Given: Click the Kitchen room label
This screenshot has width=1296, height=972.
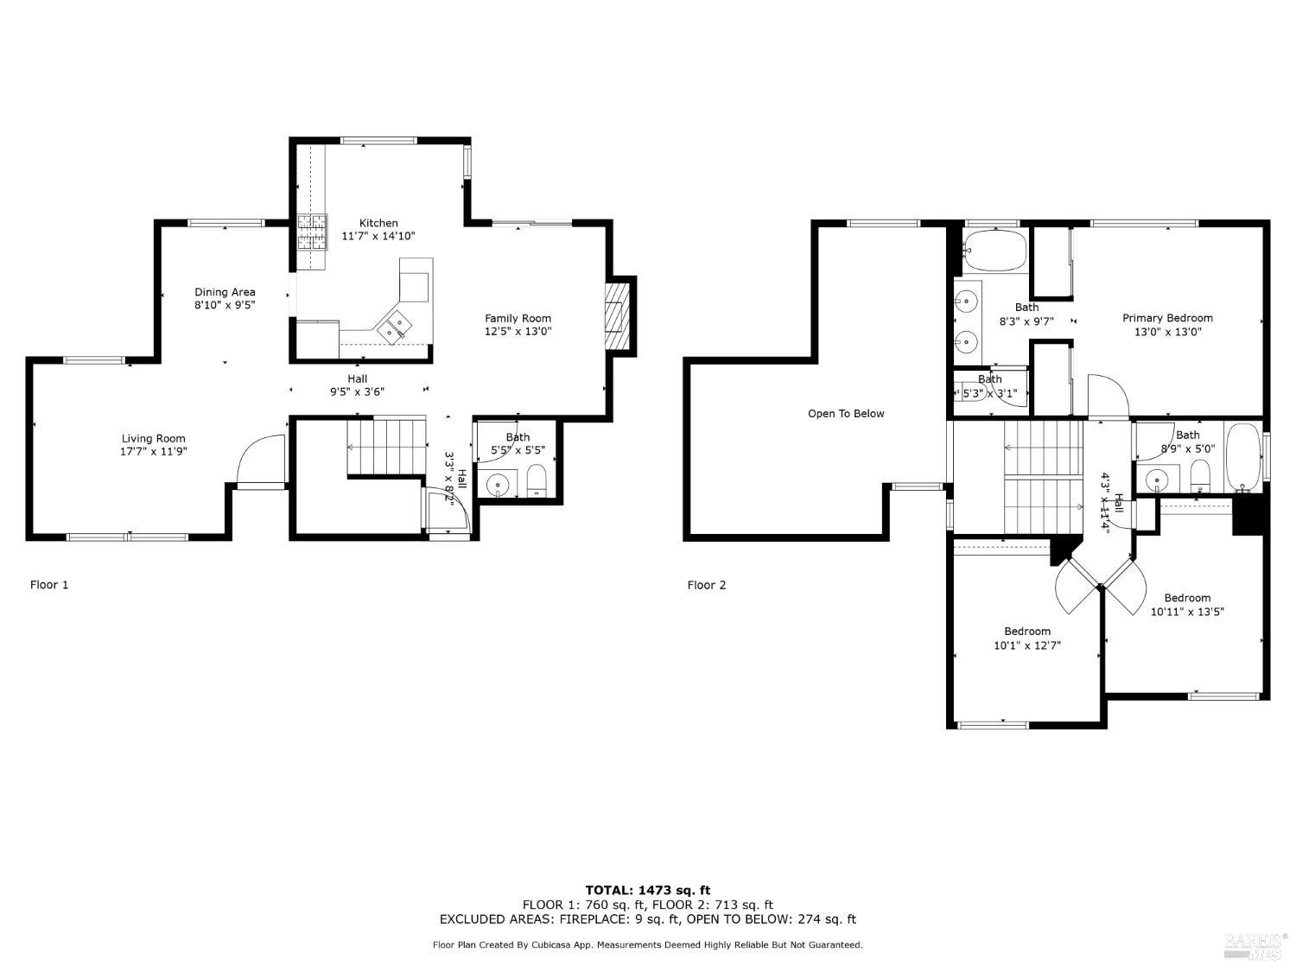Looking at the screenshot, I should point(378,223).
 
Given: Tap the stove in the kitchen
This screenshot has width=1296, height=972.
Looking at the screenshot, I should point(313,232).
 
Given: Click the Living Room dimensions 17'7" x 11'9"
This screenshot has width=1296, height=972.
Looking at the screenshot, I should point(154,451).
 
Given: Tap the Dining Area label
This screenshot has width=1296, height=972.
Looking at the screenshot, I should point(225,292).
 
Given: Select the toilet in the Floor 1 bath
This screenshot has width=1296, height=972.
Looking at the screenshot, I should point(537,480).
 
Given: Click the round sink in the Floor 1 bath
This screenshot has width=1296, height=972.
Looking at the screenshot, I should point(499,485).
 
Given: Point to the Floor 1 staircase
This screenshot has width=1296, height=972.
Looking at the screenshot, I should point(386,446).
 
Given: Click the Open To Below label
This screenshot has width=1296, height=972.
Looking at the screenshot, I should point(846,414).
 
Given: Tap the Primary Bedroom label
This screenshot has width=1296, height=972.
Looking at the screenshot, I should point(1167,318).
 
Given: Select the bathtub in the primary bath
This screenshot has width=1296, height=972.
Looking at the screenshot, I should point(994,251).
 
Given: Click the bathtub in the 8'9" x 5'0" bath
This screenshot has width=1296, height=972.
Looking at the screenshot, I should point(1242,454).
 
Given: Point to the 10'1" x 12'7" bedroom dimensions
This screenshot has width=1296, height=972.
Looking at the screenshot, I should point(1027,645).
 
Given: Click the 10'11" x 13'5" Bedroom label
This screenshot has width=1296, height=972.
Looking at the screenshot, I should point(1187,598).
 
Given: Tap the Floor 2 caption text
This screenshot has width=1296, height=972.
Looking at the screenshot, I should point(707,585).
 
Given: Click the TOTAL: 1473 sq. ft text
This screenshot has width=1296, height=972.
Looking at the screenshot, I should point(647,890).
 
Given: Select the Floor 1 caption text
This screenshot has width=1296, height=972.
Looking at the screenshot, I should point(49,585).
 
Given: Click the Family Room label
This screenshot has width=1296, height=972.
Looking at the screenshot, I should point(518,318).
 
